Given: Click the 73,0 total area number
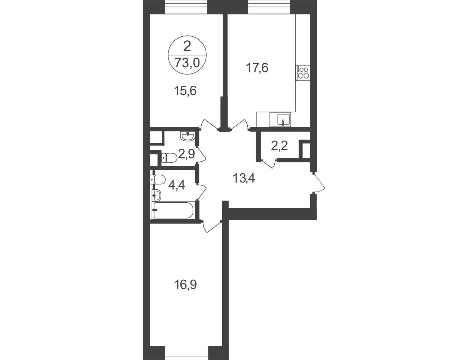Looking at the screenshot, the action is (x=187, y=63).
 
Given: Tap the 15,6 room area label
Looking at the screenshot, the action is (x=185, y=91).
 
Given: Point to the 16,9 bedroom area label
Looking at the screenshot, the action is (x=185, y=285).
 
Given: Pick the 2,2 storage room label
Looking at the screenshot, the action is (x=280, y=147).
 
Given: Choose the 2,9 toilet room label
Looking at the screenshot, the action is (x=186, y=154).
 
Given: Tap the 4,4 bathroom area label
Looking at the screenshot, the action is (x=176, y=185).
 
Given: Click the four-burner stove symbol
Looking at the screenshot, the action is (x=303, y=73).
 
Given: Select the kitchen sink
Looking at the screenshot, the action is (x=283, y=120).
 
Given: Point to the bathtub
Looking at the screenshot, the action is (x=174, y=210).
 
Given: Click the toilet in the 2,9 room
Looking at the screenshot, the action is (x=169, y=157).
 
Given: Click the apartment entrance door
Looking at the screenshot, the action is (x=319, y=181).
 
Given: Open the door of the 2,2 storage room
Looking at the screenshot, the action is (x=269, y=163).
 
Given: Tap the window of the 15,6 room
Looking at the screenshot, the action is (x=186, y=7).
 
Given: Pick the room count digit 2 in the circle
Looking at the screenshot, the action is (x=187, y=46).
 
